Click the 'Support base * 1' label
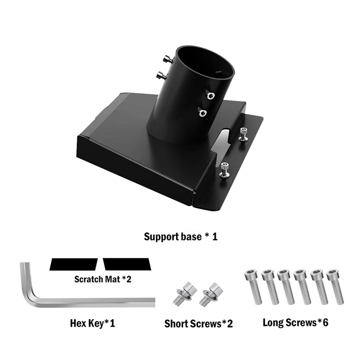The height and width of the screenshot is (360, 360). (x=180, y=236)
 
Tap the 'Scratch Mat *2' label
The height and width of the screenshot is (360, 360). (x=103, y=279)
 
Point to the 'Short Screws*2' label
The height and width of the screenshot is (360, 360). (x=198, y=323)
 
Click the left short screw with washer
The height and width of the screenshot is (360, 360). (x=179, y=295)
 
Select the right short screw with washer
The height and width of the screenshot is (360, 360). (x=210, y=295)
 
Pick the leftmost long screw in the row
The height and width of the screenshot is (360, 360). (x=250, y=286)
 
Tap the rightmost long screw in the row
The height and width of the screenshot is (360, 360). (x=333, y=286)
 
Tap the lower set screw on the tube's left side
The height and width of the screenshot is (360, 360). (x=161, y=76)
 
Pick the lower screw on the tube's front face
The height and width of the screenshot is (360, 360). (x=202, y=112)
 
